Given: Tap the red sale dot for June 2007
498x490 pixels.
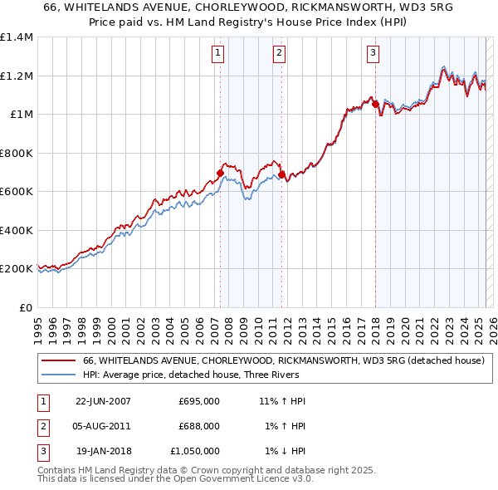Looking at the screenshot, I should [221, 174].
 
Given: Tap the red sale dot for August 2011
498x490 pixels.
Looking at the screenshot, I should [282, 175].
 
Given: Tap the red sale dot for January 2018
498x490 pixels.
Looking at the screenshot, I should [375, 105].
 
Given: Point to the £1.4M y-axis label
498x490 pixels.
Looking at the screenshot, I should [17, 37].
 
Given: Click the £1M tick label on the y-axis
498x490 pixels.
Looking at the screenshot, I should [21, 115].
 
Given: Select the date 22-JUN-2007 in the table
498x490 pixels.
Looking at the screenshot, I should [103, 401].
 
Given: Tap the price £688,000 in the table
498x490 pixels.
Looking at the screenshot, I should [199, 426].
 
